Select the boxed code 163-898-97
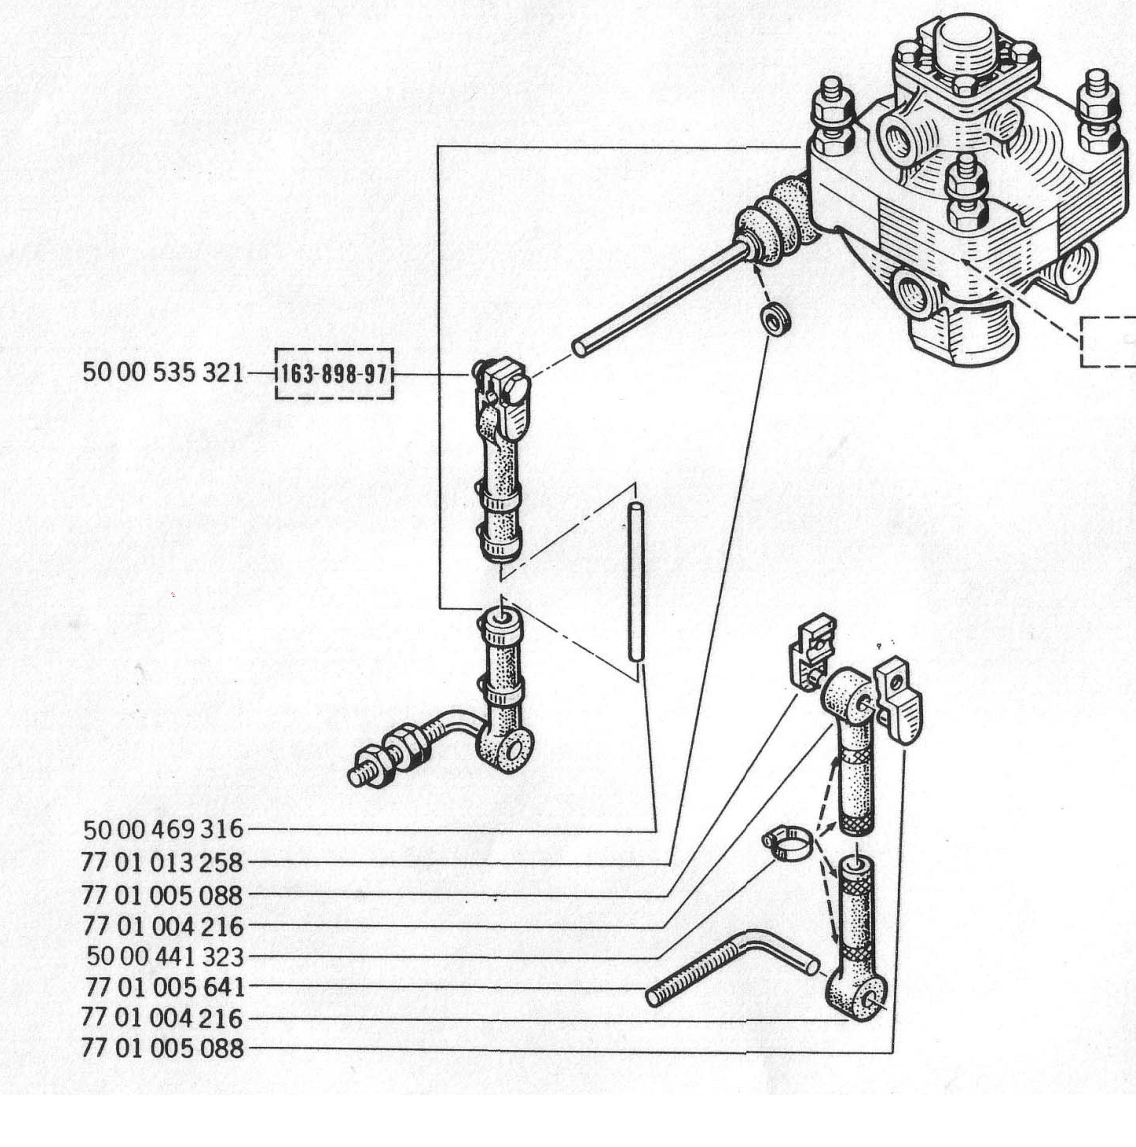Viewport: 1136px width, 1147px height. [334, 374]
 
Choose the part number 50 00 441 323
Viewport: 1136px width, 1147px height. [165, 956]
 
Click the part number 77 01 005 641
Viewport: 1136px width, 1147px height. [165, 987]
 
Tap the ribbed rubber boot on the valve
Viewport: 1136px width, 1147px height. [772, 220]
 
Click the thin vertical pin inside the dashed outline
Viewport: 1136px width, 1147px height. [635, 582]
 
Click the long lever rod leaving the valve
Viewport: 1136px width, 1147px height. [659, 297]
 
